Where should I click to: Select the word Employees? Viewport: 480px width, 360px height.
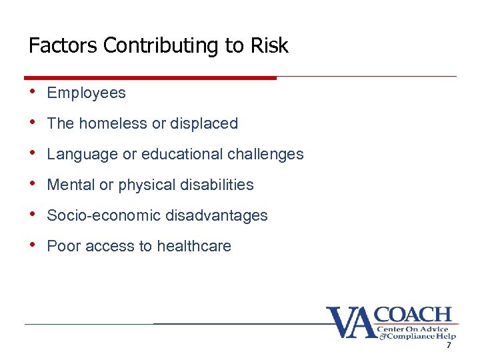click(86, 93)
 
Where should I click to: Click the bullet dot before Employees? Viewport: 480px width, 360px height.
click(33, 92)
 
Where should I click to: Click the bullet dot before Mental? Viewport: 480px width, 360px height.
click(33, 184)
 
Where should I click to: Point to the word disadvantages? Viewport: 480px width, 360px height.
click(216, 216)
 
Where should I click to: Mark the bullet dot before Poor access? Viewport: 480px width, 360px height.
click(33, 245)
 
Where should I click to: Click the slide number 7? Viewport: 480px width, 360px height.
click(449, 345)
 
